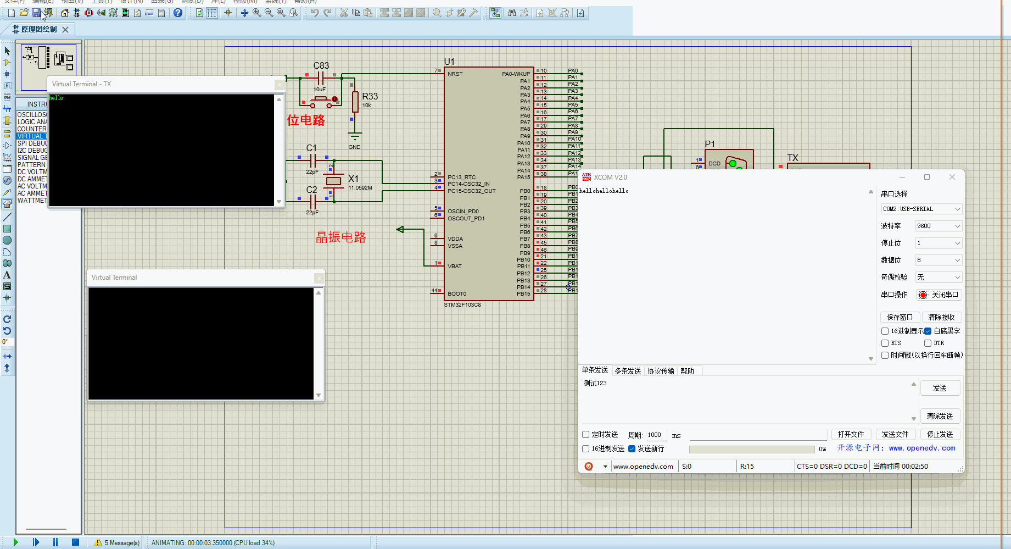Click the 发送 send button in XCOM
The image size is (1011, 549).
pos(939,388)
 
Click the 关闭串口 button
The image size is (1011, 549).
pos(939,295)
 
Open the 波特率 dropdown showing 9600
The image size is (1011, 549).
pos(938,226)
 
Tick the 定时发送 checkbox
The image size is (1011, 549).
pos(586,435)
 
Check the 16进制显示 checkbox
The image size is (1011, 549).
pos(885,331)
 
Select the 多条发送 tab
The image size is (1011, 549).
pos(627,371)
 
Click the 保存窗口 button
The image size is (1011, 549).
pos(899,317)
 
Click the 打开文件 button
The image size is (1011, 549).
pos(851,434)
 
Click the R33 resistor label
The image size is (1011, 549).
pos(370,96)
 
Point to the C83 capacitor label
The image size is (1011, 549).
pos(321,65)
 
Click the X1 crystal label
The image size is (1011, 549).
pos(353,179)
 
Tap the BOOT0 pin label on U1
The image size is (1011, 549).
pos(456,294)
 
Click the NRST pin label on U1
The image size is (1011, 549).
pos(455,74)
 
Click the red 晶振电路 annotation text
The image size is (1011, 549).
pos(340,237)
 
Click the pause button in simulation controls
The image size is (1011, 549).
pos(55,542)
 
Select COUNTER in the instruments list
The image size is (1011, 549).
pos(32,129)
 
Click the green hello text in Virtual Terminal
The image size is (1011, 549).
pos(56,98)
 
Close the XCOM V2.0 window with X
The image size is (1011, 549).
pos(952,177)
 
